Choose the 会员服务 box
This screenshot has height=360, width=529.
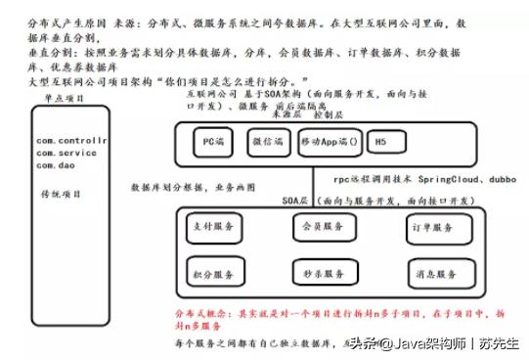click(x=320, y=226)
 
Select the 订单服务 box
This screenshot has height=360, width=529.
click(x=431, y=228)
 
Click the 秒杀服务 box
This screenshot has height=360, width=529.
click(x=320, y=272)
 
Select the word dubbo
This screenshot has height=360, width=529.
click(x=505, y=181)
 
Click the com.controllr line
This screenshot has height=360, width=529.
click(x=69, y=142)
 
